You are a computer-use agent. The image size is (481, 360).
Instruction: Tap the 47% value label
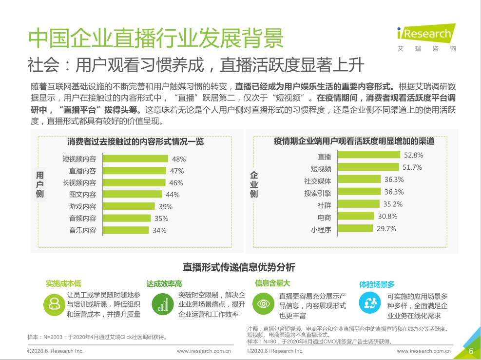(177, 171)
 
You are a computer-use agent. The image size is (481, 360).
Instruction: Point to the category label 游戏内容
(82, 206)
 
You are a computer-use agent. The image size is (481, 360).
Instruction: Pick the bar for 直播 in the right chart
(368, 155)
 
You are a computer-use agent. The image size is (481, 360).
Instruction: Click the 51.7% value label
(412, 167)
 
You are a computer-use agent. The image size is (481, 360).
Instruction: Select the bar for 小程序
(355, 228)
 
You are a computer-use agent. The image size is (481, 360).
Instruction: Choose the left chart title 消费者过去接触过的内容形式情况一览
(135, 142)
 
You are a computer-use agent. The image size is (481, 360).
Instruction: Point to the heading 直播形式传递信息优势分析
(239, 267)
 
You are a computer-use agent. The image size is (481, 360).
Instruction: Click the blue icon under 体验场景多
(368, 303)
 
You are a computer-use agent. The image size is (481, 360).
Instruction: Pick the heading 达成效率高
(164, 283)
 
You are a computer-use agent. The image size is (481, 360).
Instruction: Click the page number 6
(471, 351)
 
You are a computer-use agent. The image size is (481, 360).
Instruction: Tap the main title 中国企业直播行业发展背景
(156, 38)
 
